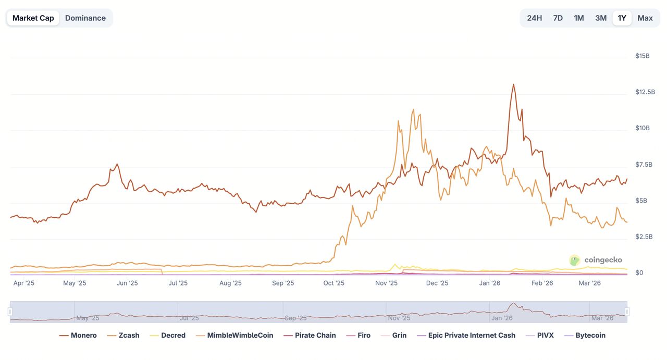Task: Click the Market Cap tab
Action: click(x=33, y=18)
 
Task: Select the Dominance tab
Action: click(x=85, y=18)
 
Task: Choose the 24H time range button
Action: click(x=534, y=18)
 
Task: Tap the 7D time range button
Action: click(x=558, y=18)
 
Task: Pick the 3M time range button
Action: click(x=601, y=18)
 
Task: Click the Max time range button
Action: click(x=645, y=18)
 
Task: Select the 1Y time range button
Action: click(x=622, y=18)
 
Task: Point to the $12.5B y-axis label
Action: click(x=645, y=92)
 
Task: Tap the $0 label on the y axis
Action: click(x=639, y=273)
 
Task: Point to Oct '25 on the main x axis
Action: click(x=333, y=283)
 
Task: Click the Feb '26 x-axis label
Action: click(x=542, y=283)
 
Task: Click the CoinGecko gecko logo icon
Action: click(x=575, y=260)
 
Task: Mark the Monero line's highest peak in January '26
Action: click(x=513, y=84)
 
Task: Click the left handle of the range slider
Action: click(x=10, y=312)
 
